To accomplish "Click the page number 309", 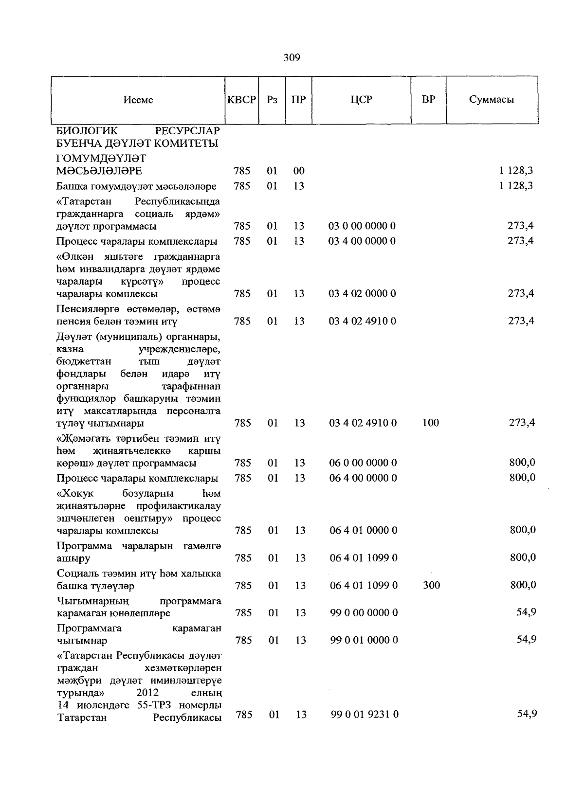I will (292, 58).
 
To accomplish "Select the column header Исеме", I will (138, 100).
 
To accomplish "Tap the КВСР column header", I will (241, 100).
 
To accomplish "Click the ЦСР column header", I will (361, 100).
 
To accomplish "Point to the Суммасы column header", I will (492, 100).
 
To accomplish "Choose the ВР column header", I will (428, 100).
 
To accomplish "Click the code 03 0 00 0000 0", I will (363, 226).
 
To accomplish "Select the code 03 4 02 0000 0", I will (363, 293).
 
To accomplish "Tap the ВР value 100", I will (430, 423).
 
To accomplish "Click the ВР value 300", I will (431, 585).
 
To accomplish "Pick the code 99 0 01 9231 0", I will (365, 715).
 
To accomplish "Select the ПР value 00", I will (299, 171).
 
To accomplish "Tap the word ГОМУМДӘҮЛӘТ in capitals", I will (101, 159).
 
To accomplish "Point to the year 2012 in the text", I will (147, 693).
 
